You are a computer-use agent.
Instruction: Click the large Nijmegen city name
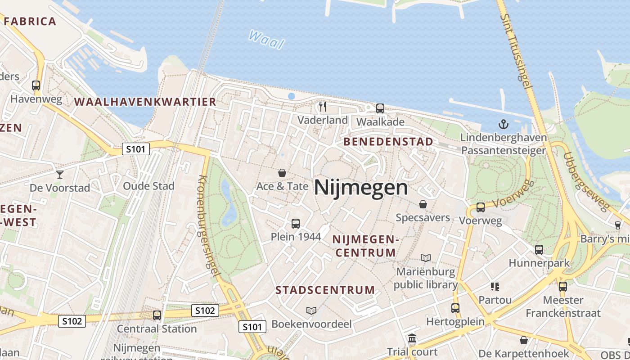point(361,187)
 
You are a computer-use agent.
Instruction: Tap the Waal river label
point(266,40)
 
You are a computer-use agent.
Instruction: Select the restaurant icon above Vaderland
point(322,107)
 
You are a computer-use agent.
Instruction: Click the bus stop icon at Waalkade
point(380,108)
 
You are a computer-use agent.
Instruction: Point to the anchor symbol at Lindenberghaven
point(503,124)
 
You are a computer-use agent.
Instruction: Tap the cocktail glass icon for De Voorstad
point(60,174)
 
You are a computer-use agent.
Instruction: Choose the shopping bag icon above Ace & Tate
point(282,172)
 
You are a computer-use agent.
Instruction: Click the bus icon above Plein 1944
point(296,223)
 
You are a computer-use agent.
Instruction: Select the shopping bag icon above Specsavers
point(423,204)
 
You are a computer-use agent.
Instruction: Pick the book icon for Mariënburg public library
point(426,258)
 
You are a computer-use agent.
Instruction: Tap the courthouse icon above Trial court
point(412,338)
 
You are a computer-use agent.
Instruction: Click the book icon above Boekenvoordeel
point(311,310)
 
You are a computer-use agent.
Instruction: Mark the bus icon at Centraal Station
point(157,315)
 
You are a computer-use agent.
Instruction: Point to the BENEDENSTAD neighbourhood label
point(388,142)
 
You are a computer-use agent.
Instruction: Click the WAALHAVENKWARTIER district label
point(145,102)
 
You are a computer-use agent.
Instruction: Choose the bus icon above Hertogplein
point(455,308)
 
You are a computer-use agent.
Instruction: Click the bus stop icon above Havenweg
point(36,85)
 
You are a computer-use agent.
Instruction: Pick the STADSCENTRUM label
point(325,290)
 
